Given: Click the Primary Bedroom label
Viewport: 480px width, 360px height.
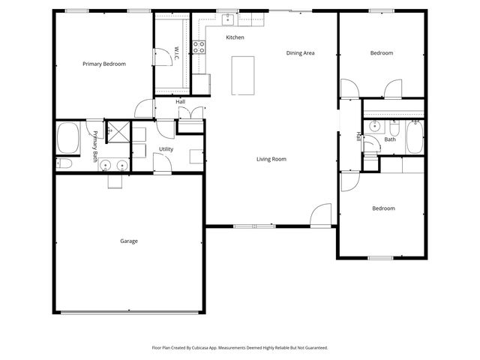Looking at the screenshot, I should click(x=103, y=64).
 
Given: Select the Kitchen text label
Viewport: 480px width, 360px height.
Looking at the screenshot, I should click(x=235, y=37).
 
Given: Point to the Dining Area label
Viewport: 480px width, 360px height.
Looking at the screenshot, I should click(x=300, y=53).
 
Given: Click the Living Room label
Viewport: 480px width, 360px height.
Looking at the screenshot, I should click(x=271, y=159).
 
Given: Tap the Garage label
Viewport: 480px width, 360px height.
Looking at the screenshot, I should click(x=129, y=241).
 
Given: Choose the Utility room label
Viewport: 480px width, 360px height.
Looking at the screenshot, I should click(x=166, y=149).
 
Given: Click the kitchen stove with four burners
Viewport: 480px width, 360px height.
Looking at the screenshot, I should click(x=199, y=48).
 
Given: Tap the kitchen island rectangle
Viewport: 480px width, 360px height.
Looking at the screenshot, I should click(x=241, y=75).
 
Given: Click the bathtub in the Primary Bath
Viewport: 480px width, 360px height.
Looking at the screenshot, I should click(x=68, y=138).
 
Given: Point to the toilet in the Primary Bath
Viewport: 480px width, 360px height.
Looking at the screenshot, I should click(x=64, y=163).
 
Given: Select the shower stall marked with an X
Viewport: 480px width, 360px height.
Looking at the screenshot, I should click(x=116, y=130).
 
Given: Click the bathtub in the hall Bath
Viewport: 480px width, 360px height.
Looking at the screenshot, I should click(x=414, y=138).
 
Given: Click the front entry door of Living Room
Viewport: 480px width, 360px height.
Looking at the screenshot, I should click(x=321, y=215).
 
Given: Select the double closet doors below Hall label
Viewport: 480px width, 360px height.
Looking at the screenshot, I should click(x=191, y=114).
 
